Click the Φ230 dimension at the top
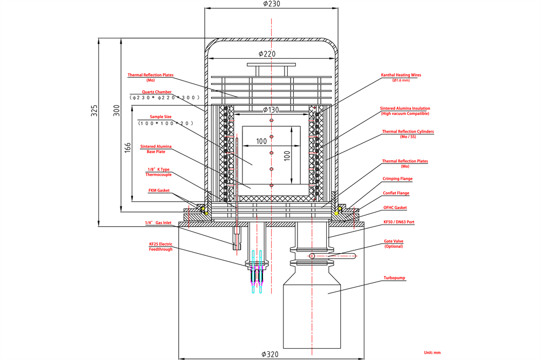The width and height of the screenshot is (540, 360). pos(272,4)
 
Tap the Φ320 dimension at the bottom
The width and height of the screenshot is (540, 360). pos(272,354)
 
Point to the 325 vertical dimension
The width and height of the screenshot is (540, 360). pos(94,111)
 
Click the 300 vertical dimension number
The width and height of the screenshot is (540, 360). pos(115,111)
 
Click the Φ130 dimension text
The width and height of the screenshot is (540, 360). pos(272,110)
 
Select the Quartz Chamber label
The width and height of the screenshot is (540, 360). pos(157,92)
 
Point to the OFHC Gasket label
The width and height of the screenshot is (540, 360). pos(395,207)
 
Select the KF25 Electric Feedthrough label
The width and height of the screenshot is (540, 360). pos(160,247)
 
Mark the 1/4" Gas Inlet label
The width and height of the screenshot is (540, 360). pos(157,222)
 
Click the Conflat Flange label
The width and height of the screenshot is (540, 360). pos(396,193)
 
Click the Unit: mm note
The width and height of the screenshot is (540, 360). pos(431,352)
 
